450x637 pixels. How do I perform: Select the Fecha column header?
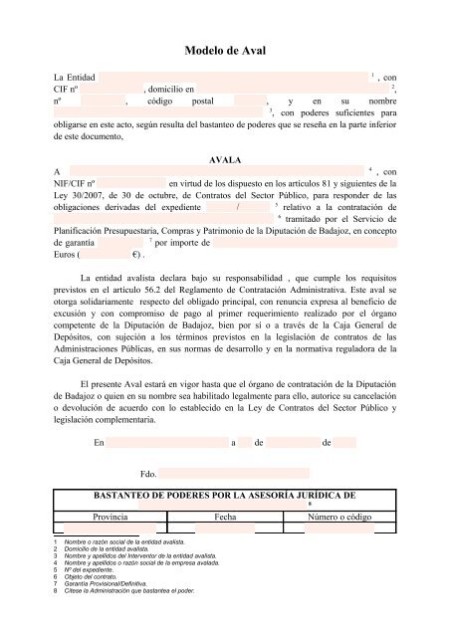224,517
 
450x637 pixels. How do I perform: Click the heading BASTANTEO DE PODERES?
224,494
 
